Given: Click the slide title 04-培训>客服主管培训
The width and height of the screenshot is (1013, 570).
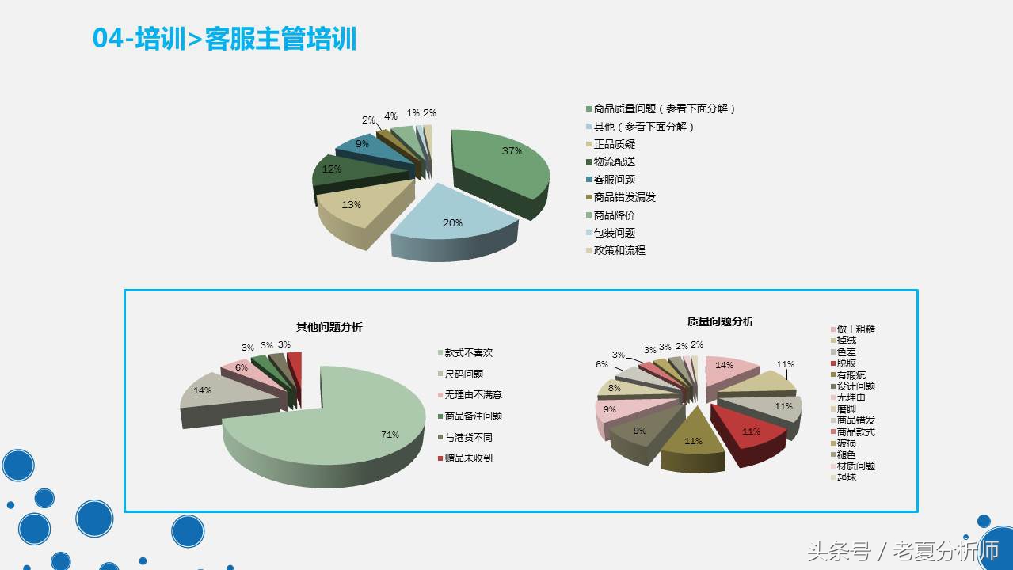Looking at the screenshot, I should [x=225, y=39].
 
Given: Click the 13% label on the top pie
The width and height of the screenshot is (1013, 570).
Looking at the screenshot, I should [x=351, y=205].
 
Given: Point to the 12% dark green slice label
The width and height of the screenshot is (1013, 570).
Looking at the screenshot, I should [x=331, y=169].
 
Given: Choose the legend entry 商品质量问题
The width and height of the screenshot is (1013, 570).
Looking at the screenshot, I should [x=665, y=109].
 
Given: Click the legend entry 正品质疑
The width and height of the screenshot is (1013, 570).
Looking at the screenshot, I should [x=615, y=144].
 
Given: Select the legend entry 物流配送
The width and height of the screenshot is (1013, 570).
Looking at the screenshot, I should [x=615, y=162].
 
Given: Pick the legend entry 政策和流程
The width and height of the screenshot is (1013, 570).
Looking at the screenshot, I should [x=619, y=250].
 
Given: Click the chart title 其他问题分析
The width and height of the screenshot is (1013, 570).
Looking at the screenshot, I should [x=329, y=327].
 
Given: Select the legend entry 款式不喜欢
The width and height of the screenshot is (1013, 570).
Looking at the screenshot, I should [x=468, y=353].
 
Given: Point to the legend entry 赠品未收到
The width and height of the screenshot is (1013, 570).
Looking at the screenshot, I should [x=468, y=458].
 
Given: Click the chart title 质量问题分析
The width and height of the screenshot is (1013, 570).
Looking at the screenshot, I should [x=720, y=321].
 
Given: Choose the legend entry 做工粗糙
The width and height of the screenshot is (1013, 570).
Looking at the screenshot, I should [x=855, y=329].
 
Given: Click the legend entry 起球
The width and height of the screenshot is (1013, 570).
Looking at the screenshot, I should [x=846, y=477].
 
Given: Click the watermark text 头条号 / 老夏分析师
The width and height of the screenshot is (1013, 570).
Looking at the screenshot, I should [x=902, y=551].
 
